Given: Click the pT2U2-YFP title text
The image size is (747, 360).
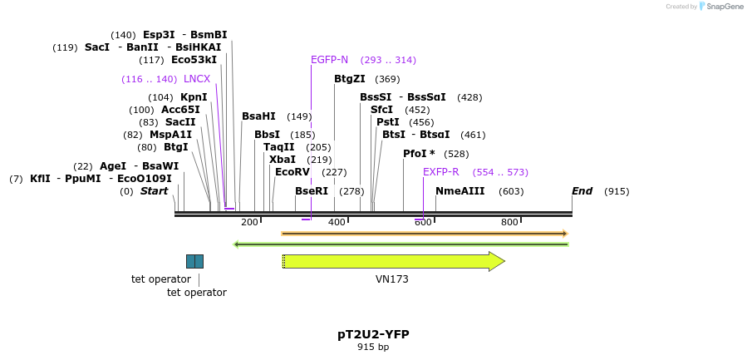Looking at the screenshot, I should pos(373,334).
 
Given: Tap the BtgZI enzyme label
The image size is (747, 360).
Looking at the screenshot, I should pos(349,79).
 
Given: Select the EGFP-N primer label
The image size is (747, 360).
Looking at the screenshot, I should pos(329,60).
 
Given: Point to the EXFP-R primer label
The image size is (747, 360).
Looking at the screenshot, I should pos(440,172).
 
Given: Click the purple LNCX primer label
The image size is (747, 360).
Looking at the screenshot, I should pos(197,79).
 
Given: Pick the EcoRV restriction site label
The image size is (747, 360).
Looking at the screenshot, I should pos(292,172).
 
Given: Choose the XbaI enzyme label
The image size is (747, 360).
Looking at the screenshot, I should pos(283,160).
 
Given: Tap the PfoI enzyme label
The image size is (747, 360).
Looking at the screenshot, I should pos(419,154).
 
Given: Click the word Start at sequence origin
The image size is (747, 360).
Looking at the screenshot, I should pos(154,191).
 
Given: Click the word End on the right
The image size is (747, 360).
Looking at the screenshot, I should pos(582,191).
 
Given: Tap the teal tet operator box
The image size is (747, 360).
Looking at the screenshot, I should pos(194,261).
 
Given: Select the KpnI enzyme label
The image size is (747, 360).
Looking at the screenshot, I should pos(194,97).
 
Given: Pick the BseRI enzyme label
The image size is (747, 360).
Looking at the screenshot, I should pos(312,191).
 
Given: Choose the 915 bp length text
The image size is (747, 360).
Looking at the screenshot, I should pos(373,347).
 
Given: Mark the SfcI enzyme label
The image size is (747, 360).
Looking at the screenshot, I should pos(381,110).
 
